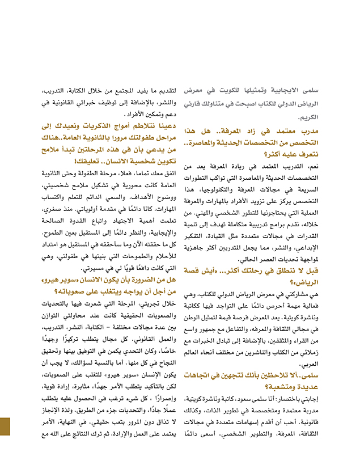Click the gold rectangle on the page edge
[x=5, y=434]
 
